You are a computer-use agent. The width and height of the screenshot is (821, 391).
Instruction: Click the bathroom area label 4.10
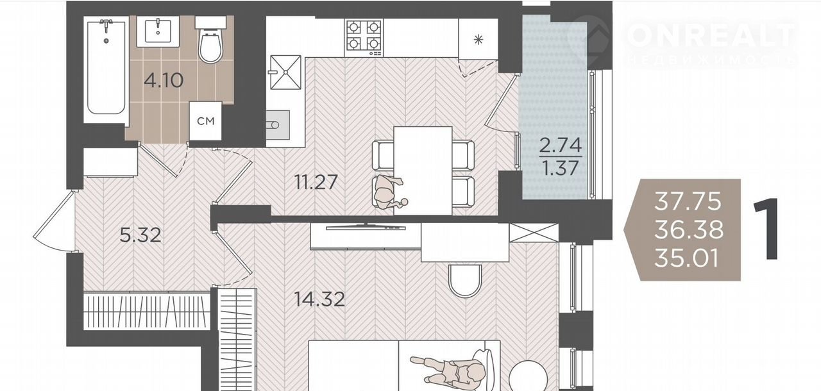pyautogui.click(x=164, y=81)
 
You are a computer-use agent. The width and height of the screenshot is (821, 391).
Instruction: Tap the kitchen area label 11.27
pyautogui.click(x=316, y=182)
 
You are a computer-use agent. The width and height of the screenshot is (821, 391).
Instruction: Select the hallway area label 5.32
pyautogui.click(x=140, y=235)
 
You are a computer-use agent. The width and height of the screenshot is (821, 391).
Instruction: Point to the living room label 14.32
pyautogui.click(x=319, y=299)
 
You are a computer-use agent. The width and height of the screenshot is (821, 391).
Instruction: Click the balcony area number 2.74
pyautogui.click(x=561, y=145)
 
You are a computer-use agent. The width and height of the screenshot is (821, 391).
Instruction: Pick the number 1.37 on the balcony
pyautogui.click(x=561, y=169)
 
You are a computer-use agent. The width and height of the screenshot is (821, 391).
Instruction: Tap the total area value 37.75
pyautogui.click(x=688, y=201)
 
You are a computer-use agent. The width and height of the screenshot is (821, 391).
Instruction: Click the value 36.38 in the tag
pyautogui.click(x=689, y=230)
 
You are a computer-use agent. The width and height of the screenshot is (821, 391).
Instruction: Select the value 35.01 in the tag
pyautogui.click(x=686, y=258)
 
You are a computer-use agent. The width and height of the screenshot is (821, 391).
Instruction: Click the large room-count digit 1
pyautogui.click(x=767, y=229)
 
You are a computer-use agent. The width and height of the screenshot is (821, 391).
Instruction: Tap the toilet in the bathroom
pyautogui.click(x=210, y=40)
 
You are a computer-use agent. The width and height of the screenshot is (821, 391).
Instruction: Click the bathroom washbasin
pyautogui.click(x=158, y=31)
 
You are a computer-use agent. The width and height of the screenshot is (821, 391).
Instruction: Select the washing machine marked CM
pyautogui.click(x=206, y=121)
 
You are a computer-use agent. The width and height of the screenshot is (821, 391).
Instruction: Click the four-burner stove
pyautogui.click(x=364, y=38)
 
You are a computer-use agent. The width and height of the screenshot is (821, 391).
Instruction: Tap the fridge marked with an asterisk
pyautogui.click(x=478, y=39)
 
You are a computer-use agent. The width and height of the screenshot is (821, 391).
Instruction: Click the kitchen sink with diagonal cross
pyautogui.click(x=285, y=72)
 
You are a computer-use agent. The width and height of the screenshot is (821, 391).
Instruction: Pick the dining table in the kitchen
pyautogui.click(x=423, y=171)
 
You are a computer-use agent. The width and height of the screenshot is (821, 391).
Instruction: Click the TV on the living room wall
pyautogui.click(x=366, y=226)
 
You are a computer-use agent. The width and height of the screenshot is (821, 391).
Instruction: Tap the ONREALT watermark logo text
pyautogui.click(x=711, y=35)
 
